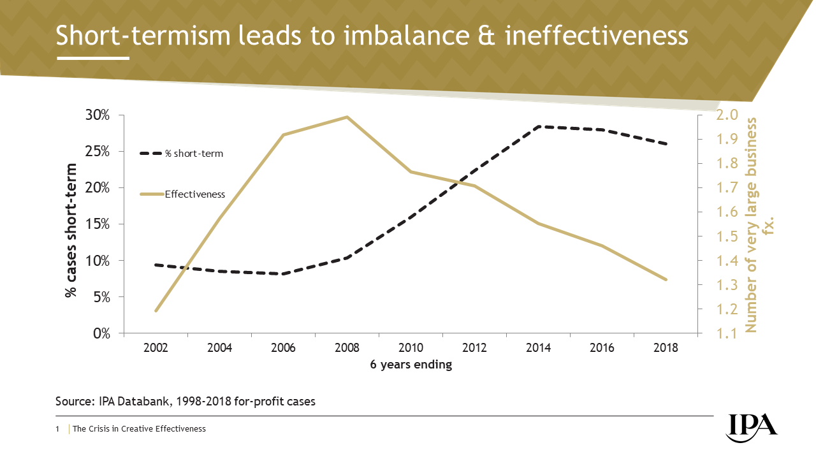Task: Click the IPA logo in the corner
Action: (x=752, y=425)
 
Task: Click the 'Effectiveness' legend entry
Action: (x=194, y=194)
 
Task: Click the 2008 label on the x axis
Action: (x=347, y=348)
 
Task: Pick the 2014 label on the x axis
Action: (x=538, y=348)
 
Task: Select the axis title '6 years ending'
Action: (x=411, y=365)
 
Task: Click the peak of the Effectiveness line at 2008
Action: (x=347, y=117)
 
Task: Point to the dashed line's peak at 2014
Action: (x=538, y=127)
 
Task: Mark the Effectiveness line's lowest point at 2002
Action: (x=156, y=310)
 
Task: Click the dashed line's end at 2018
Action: (x=666, y=144)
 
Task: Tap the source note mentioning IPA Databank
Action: (x=186, y=402)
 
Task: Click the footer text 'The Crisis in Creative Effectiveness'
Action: (x=139, y=429)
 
